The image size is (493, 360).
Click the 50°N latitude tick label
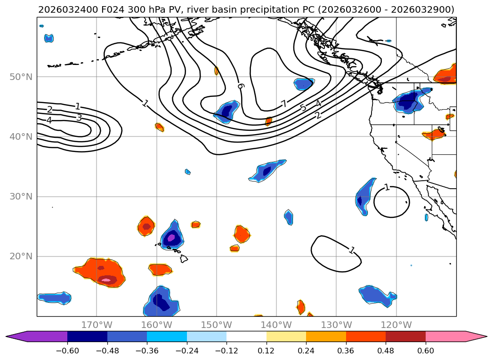click(21, 77)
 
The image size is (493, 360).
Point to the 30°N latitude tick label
click(21, 197)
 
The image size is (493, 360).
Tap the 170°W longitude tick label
click(97, 325)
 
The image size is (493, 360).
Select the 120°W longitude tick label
click(396, 325)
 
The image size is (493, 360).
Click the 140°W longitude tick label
click(276, 325)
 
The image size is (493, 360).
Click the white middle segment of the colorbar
click(246, 336)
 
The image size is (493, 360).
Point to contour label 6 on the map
click(241, 86)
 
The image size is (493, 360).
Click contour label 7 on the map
click(284, 104)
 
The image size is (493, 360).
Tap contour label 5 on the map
click(303, 108)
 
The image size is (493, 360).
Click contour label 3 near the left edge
click(79, 118)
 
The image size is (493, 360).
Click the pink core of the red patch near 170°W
click(106, 280)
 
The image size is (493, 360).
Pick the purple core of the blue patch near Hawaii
click(171, 238)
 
